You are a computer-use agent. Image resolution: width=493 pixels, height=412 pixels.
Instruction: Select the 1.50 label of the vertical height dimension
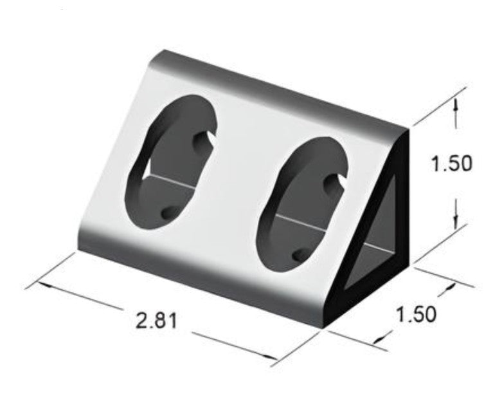451,164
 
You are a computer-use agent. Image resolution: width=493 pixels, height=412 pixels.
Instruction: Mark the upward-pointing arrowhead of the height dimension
455,106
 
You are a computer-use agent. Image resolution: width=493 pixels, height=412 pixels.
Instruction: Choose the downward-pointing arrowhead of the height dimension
455,221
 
